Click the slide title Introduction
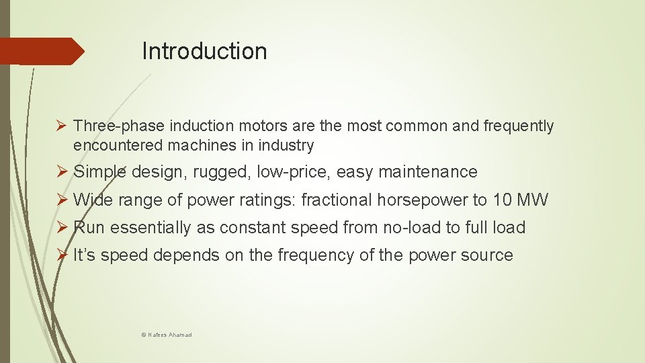pos(204,51)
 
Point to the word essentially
pos(150,228)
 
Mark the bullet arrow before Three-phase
pos(60,126)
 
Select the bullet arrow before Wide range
pos(60,200)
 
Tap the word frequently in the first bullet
pos(518,126)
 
